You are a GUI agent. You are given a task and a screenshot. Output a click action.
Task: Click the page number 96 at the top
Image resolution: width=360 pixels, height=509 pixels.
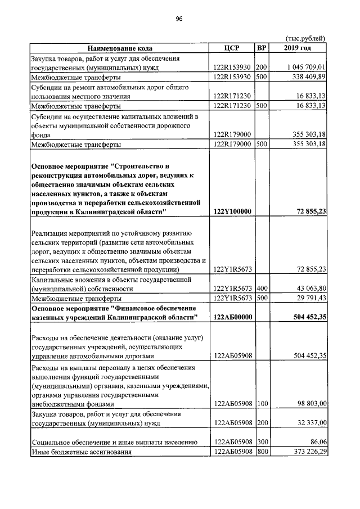point(179,19)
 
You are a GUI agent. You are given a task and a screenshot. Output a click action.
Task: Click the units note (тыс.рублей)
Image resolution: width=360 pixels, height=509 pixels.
point(306,38)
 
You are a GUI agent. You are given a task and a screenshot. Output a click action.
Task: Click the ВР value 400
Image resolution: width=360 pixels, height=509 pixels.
point(261,289)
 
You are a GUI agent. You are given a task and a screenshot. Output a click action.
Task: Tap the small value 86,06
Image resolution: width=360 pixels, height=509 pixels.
point(318,442)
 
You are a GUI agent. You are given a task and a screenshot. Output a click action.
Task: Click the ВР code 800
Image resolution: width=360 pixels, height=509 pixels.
point(261,452)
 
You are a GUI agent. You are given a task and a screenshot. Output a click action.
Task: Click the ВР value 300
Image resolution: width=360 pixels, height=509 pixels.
point(261,442)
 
